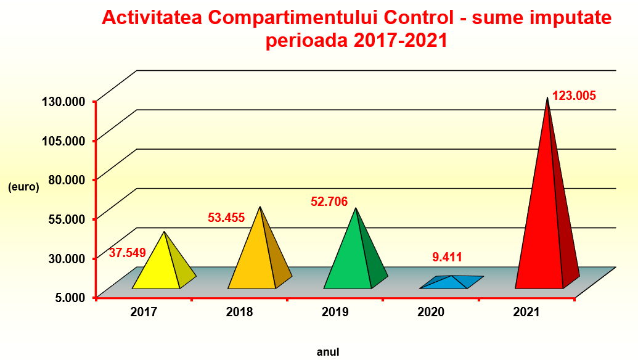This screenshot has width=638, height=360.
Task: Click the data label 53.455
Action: click(x=226, y=217)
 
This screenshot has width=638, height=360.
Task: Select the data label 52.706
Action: click(x=329, y=202)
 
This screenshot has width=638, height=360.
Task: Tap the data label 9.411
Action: click(x=447, y=257)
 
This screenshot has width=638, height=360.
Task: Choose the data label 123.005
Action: click(x=574, y=96)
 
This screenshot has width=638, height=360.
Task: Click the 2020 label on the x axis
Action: click(x=431, y=312)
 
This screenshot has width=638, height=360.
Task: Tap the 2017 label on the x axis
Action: click(x=144, y=312)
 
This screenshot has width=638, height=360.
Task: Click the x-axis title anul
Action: click(x=328, y=352)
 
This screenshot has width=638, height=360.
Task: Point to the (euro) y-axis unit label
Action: click(x=23, y=187)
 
